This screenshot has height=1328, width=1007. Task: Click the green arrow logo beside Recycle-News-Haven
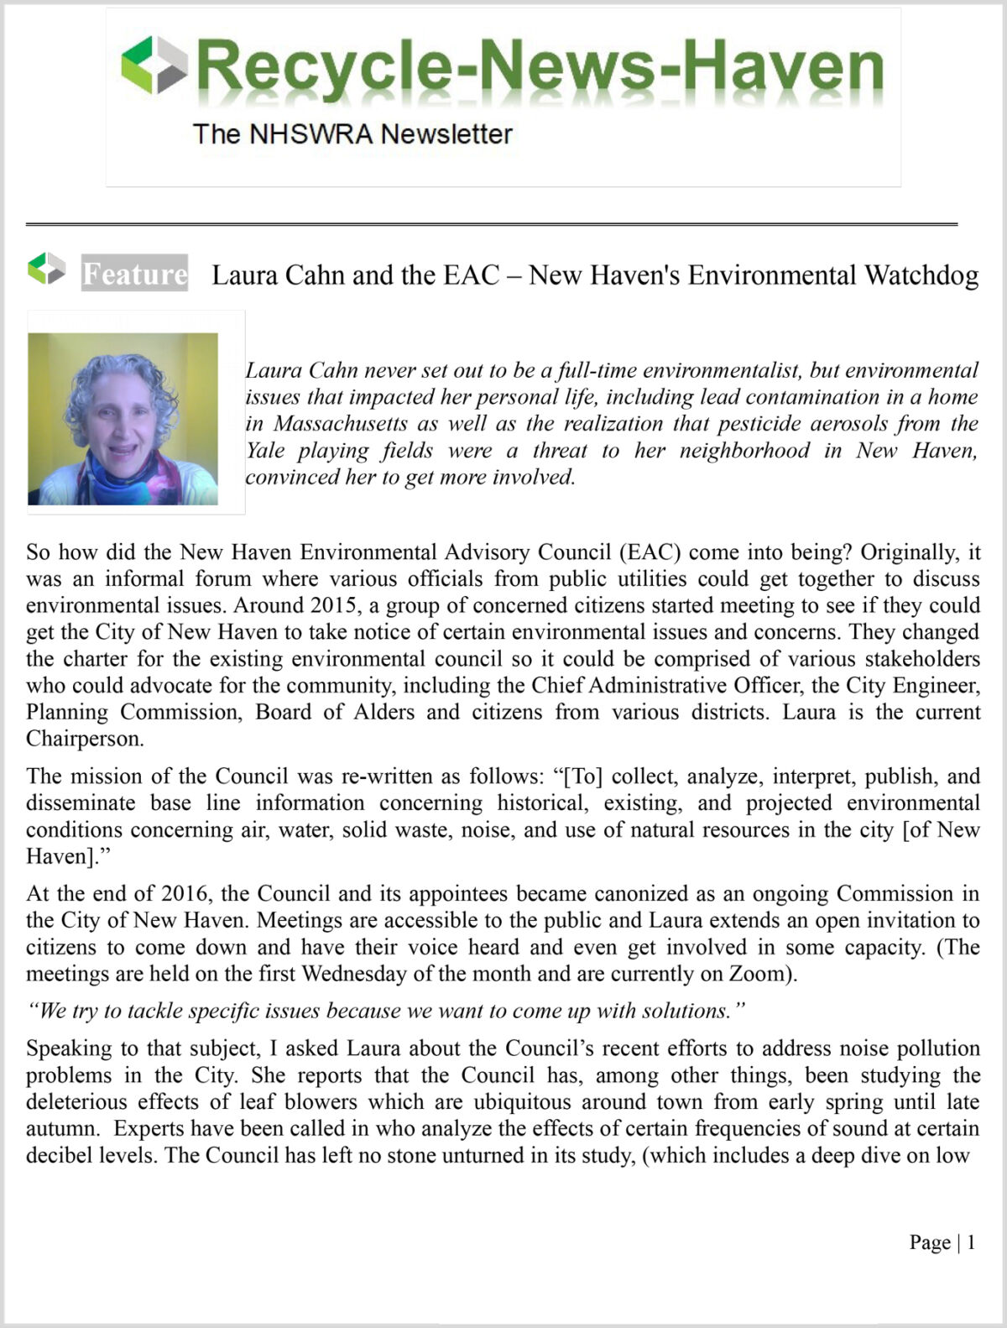[x=154, y=65]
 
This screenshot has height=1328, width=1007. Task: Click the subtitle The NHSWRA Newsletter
[x=352, y=133]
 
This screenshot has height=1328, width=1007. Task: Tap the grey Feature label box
[x=134, y=274]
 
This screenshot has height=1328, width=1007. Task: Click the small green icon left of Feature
[x=46, y=269]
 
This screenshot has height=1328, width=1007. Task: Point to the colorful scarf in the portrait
[x=126, y=483]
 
